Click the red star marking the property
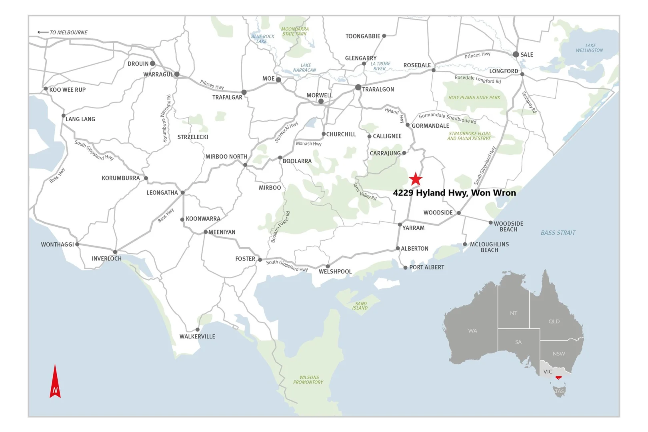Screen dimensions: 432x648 [x=416, y=179]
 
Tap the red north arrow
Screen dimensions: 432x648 [x=55, y=382]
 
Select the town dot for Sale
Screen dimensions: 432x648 [x=516, y=54]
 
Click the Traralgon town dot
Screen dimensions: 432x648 [x=358, y=88]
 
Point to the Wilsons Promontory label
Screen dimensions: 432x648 [x=308, y=380]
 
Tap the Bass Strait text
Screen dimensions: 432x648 [x=558, y=233]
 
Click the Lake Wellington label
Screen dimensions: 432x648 [x=590, y=48]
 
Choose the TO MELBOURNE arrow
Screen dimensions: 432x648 [x=43, y=32]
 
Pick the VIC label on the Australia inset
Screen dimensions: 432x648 [x=548, y=372]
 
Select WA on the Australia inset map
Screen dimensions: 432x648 [x=472, y=331]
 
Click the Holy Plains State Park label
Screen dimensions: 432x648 [x=474, y=98]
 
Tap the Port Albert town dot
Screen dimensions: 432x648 [x=405, y=268]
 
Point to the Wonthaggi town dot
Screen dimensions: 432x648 [x=77, y=244]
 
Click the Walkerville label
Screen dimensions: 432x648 [x=197, y=336]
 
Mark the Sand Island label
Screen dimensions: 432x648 [x=360, y=306]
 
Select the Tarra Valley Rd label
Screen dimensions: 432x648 [x=364, y=192]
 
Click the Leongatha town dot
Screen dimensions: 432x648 [x=183, y=193]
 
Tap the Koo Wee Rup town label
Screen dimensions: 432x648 [x=67, y=90]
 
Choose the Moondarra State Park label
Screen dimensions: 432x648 [x=294, y=32]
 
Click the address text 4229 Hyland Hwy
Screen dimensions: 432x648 [x=454, y=193]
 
